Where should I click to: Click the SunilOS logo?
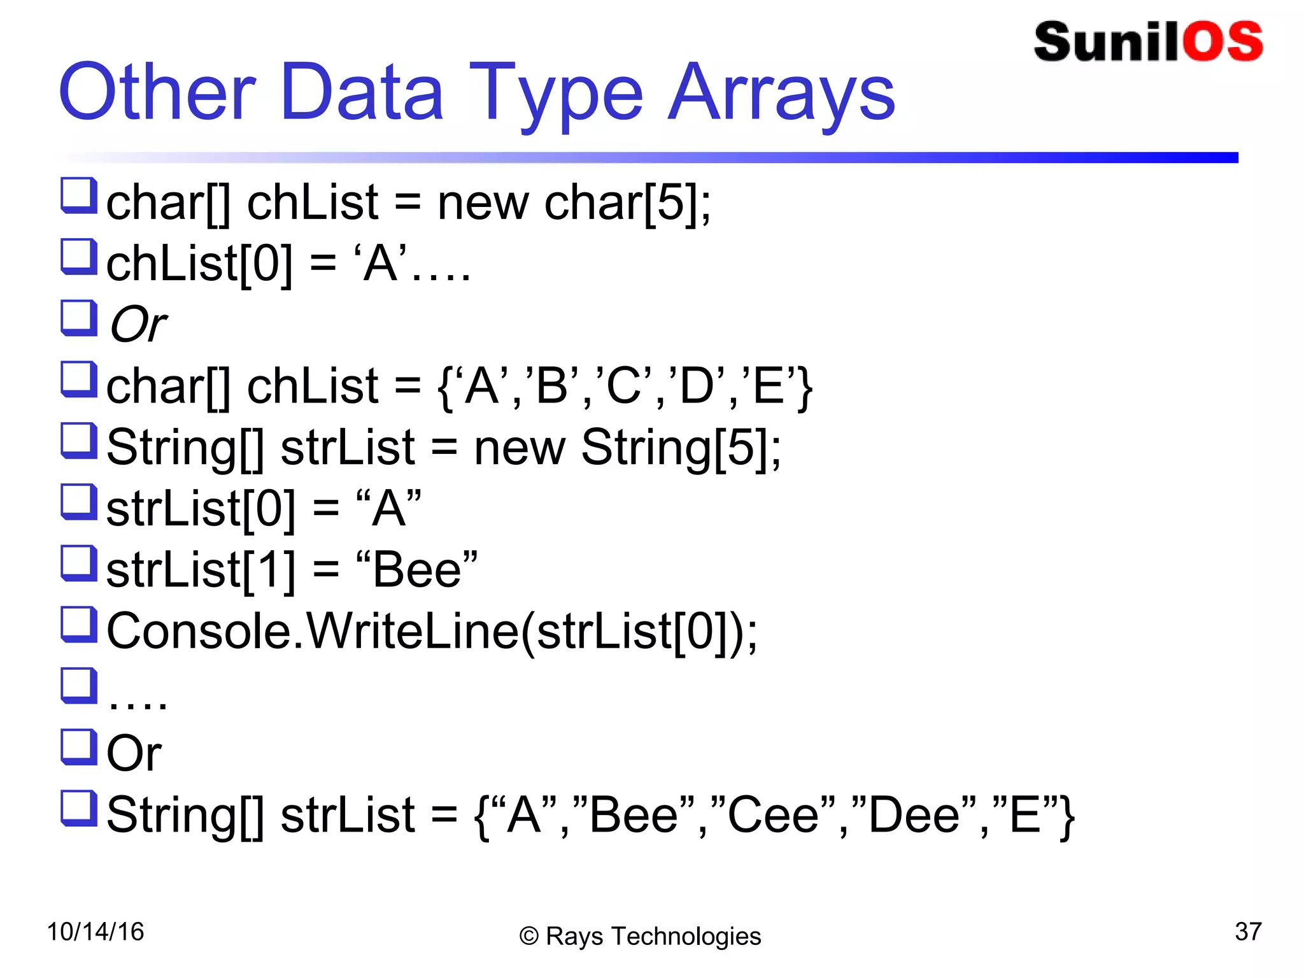[1148, 42]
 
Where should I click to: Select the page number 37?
[1248, 932]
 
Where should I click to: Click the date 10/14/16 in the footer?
[96, 932]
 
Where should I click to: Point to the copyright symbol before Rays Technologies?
[528, 937]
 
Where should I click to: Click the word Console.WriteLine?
[313, 631]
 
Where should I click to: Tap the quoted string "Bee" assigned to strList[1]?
[417, 569]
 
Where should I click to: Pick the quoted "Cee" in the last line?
[772, 815]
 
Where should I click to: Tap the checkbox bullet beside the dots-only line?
[79, 685]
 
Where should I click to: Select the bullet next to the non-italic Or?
[79, 746]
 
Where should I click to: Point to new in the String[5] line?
[520, 448]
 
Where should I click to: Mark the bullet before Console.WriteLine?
[79, 624]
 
